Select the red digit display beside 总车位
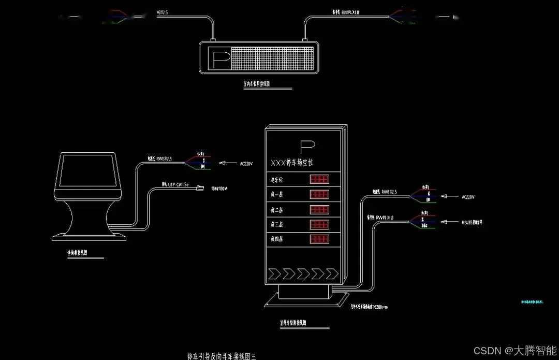tap(319, 180)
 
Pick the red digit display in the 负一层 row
tap(319, 195)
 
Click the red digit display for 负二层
tap(319, 210)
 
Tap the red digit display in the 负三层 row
tap(319, 225)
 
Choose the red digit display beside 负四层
tap(319, 240)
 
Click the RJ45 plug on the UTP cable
tap(200, 188)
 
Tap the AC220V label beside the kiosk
tap(246, 164)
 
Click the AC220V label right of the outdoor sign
tap(467, 197)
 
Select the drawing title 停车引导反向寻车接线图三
tap(222, 356)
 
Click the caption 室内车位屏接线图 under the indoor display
tap(257, 83)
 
